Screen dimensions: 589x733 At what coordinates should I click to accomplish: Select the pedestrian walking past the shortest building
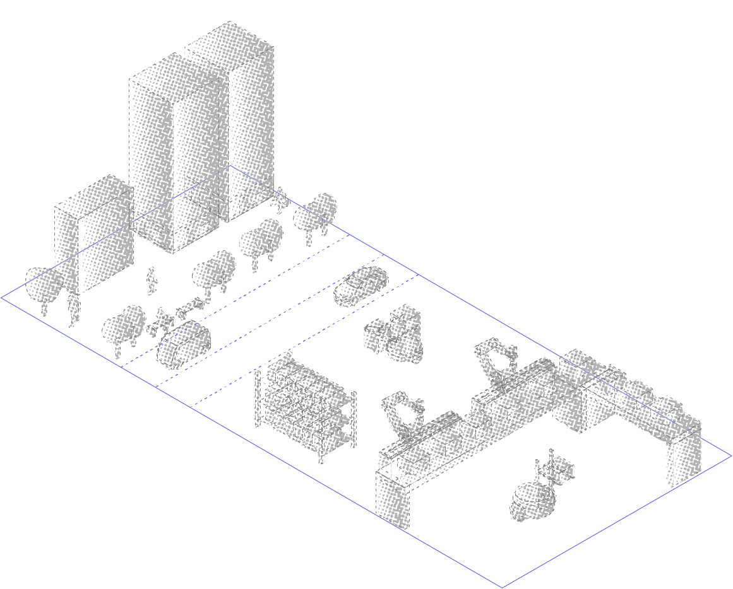(x=151, y=281)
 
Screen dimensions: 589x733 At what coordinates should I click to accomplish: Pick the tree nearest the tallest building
(x=316, y=212)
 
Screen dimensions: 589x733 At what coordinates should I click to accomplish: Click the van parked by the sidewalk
(x=183, y=344)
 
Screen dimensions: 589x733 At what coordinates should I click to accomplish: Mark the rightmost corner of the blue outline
(x=731, y=455)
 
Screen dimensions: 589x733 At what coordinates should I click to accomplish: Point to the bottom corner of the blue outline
(x=502, y=587)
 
